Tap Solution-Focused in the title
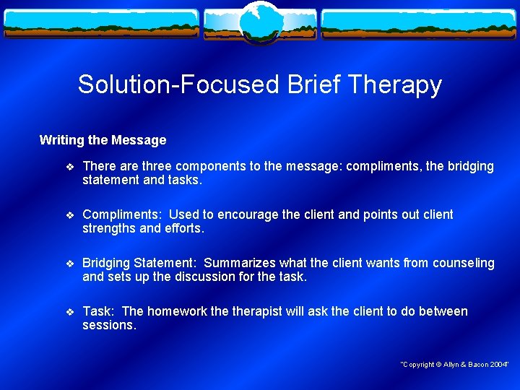pos(178,84)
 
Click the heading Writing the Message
pos(103,140)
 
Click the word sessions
pos(108,325)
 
